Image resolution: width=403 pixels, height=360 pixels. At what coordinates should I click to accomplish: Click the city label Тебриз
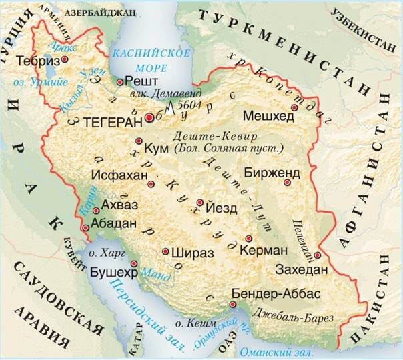click(37, 60)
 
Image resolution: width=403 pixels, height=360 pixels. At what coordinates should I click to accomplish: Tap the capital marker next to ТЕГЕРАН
click(150, 117)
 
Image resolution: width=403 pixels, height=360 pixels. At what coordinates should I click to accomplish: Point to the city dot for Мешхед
click(294, 107)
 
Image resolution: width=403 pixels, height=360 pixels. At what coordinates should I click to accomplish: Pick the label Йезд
click(222, 208)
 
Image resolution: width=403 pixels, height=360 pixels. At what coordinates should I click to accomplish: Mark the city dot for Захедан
click(318, 254)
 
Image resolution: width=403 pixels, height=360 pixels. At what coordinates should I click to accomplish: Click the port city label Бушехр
click(113, 274)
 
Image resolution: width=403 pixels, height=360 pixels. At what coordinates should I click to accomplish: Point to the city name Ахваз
click(121, 207)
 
